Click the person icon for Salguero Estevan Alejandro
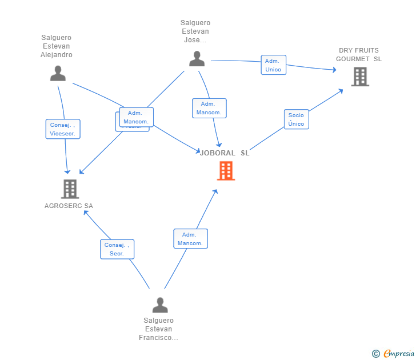point(58,73)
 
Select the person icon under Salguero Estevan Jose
point(197,59)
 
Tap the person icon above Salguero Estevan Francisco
point(160,305)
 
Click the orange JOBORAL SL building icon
point(226,170)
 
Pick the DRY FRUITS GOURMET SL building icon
point(360,76)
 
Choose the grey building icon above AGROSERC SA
point(70,189)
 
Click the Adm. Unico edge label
point(273,65)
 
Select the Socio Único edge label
point(296,119)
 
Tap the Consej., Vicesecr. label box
point(63,129)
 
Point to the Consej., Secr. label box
point(117,249)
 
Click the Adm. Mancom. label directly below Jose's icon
point(209,109)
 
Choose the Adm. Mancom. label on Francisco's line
point(190,239)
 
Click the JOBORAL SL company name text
point(225,153)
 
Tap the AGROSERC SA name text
point(69,206)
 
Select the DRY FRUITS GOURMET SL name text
point(359,54)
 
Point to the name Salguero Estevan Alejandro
point(57,46)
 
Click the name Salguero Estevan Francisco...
point(158,329)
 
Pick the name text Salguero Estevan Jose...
point(195,31)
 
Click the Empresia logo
point(399,354)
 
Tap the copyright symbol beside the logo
point(376,354)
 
